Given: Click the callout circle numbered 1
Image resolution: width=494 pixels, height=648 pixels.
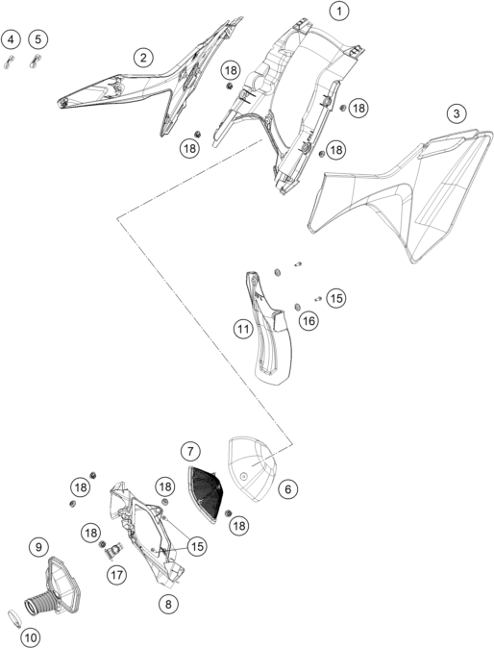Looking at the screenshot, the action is click(x=339, y=12).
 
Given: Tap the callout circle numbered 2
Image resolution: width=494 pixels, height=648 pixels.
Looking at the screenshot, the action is click(x=143, y=58).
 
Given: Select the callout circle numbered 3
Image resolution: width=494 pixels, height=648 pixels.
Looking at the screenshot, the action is click(x=457, y=113).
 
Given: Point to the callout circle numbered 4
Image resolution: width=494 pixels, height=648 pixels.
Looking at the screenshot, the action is click(x=11, y=39).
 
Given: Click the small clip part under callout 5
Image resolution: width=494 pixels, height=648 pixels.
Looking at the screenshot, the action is click(x=35, y=62).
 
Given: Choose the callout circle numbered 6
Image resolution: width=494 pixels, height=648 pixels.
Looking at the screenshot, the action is click(x=288, y=489).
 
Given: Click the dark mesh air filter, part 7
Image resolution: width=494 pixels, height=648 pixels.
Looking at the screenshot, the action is click(x=205, y=494).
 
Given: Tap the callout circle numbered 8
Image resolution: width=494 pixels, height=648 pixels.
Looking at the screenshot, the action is click(x=168, y=604).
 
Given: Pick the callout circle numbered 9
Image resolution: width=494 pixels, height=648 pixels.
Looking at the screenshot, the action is click(x=38, y=547).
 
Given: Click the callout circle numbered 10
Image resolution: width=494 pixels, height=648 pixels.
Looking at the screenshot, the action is click(x=31, y=638).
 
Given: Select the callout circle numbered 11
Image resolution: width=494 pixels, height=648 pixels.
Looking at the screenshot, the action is click(x=243, y=330).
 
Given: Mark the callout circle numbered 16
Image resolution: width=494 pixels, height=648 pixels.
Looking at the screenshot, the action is click(x=309, y=321).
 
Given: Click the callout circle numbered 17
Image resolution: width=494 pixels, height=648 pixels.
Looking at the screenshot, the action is click(x=117, y=574).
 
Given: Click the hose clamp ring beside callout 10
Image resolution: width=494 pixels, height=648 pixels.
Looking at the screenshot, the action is click(x=14, y=618).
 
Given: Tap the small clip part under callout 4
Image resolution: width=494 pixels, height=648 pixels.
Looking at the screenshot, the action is click(x=9, y=62).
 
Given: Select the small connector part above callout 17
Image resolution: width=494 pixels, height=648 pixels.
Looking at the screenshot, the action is click(x=113, y=550).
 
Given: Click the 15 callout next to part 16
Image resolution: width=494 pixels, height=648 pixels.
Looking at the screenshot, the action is click(x=336, y=298).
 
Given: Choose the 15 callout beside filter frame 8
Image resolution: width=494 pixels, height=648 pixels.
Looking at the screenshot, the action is click(x=197, y=546).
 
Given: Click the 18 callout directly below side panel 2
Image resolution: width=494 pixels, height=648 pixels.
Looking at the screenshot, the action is click(x=189, y=148).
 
